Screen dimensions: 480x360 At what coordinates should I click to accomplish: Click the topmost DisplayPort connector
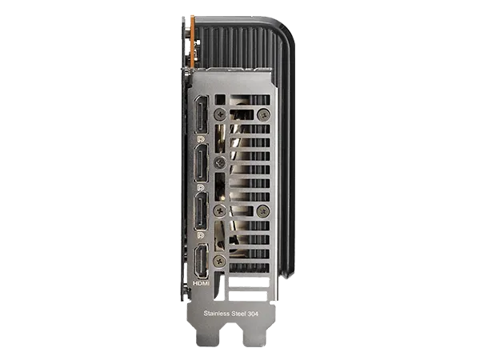pos(201,115)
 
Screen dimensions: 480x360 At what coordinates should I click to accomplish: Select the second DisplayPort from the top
pos(201,163)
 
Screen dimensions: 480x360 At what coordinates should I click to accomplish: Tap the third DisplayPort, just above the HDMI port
pos(201,211)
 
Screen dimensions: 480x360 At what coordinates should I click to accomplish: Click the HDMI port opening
pos(202,261)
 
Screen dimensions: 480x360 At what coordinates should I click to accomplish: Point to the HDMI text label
pos(201,283)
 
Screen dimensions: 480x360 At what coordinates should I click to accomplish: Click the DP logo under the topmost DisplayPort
pos(201,139)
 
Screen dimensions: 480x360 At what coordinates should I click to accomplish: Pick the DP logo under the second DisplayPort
pos(201,187)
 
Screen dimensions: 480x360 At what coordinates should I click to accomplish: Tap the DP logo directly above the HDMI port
pos(201,235)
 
